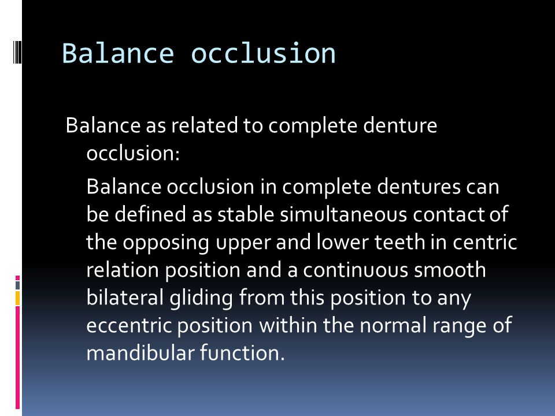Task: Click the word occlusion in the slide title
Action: click(x=264, y=54)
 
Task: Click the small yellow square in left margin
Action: click(x=18, y=298)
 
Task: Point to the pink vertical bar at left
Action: click(x=18, y=358)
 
